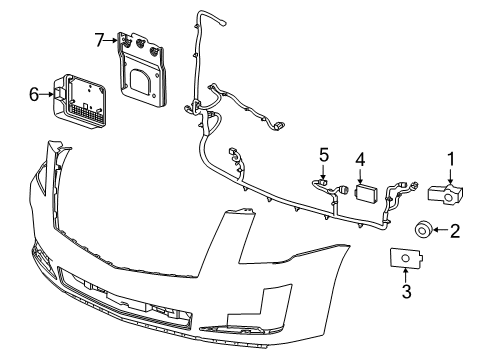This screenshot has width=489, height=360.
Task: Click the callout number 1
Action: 451,158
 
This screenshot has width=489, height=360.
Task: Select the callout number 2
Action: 454,232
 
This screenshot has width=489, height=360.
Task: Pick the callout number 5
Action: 323,154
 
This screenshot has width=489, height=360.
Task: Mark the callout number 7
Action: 99,40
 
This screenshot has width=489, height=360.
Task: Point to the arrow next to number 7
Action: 112,40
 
